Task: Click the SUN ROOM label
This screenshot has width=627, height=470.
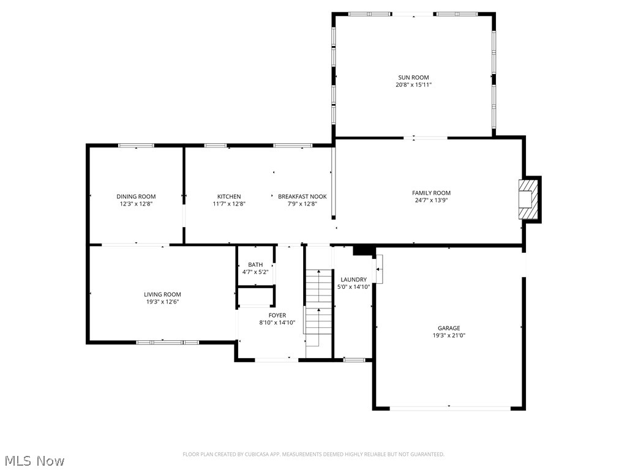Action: [413, 78]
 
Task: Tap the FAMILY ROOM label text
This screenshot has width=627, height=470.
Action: [431, 193]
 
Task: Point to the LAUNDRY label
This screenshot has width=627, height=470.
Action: [353, 279]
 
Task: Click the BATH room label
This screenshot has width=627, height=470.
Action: [255, 264]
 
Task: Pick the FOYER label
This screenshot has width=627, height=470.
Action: [277, 315]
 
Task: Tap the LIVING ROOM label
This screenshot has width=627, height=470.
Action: [162, 294]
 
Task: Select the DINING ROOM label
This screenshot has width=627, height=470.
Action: [136, 196]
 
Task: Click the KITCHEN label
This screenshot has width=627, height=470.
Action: [229, 196]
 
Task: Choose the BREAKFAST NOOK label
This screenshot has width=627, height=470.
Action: [302, 196]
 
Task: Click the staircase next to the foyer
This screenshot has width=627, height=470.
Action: [318, 309]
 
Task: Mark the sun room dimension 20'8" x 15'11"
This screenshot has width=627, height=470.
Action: [413, 85]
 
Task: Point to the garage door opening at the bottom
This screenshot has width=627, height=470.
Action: [449, 408]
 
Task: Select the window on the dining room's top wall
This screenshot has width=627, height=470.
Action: [136, 146]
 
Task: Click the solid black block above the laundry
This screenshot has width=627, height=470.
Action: [363, 250]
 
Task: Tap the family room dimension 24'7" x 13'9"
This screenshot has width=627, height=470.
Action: [431, 200]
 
